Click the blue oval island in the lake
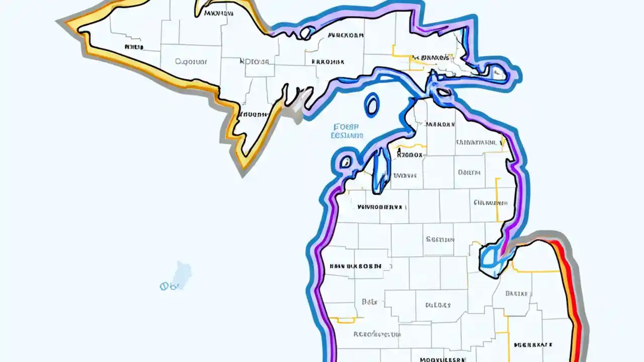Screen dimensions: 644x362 pos(372,105)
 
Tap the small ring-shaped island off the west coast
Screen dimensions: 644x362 pos(346,162)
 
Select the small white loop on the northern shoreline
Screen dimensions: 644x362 pos(305,33)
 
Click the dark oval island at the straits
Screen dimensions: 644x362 pos(443,93)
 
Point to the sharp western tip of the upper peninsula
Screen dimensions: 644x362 pos(63,22)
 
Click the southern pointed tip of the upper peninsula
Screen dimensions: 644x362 pos(245,163)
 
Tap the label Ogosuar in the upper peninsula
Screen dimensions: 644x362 pos(191,62)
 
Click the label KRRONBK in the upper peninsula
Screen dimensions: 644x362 pos(328,62)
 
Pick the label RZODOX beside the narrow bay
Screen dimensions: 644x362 pos(410,155)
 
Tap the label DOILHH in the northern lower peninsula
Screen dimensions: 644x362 pos(469,172)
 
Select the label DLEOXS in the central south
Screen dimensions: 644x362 pos(438,305)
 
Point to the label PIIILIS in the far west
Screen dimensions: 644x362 pos(134,47)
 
